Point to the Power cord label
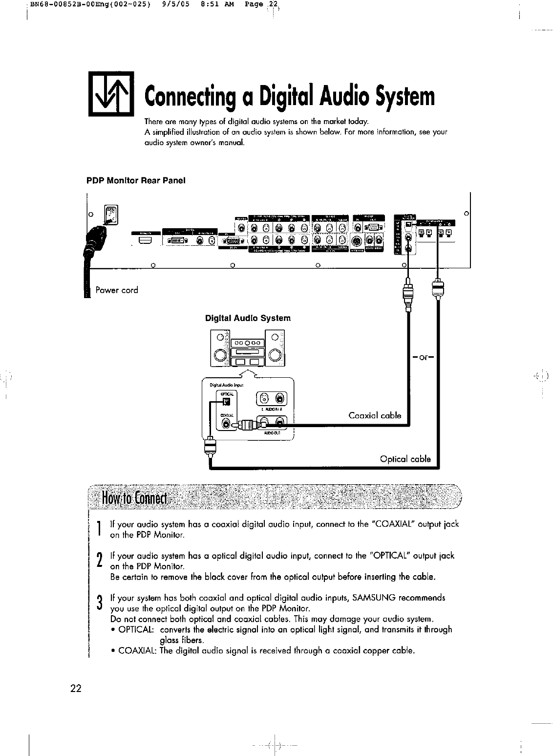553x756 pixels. point(117,290)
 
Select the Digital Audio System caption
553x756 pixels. point(248,318)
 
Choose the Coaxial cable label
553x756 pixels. point(375,415)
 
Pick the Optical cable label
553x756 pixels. point(405,459)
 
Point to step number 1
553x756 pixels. point(99,529)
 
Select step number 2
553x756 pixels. point(99,561)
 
